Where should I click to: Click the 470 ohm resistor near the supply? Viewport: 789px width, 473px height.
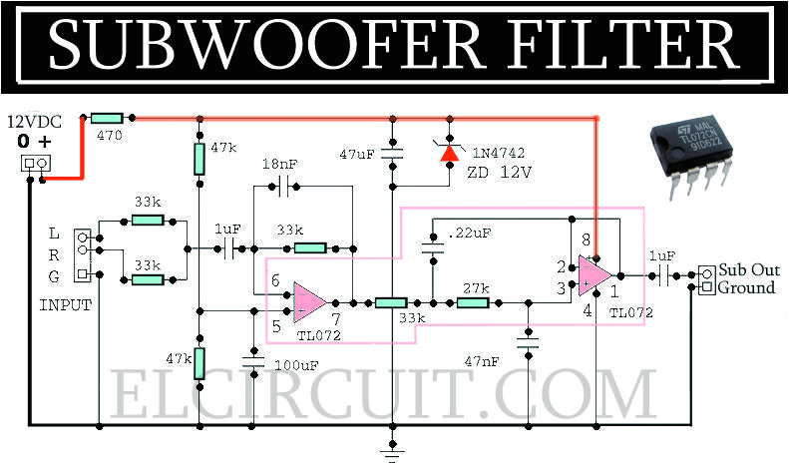(106, 118)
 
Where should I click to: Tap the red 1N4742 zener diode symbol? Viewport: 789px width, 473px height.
(449, 152)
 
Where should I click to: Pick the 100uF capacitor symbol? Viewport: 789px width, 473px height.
(254, 363)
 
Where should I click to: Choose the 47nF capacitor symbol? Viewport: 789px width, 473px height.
(527, 343)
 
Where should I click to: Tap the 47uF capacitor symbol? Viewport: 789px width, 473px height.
(395, 154)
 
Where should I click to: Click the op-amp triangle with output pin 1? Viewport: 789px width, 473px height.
(596, 274)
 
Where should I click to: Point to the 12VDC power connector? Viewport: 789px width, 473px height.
(35, 163)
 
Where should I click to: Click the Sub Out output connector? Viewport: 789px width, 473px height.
(706, 280)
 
